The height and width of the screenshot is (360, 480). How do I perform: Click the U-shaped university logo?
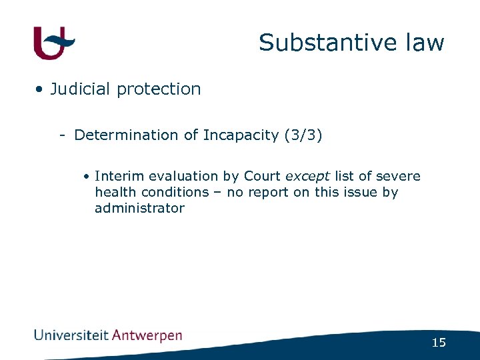(x=53, y=43)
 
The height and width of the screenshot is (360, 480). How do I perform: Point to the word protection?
(x=159, y=89)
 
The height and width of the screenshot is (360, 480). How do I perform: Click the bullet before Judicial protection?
(x=41, y=89)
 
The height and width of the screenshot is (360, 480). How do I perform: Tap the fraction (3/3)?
(x=303, y=135)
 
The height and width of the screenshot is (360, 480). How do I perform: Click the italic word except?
(x=307, y=177)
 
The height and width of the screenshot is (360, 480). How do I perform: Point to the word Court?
(x=262, y=177)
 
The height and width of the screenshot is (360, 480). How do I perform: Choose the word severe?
(x=399, y=177)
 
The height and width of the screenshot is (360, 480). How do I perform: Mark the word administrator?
(x=139, y=209)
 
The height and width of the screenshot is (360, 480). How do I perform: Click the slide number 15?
(x=438, y=343)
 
